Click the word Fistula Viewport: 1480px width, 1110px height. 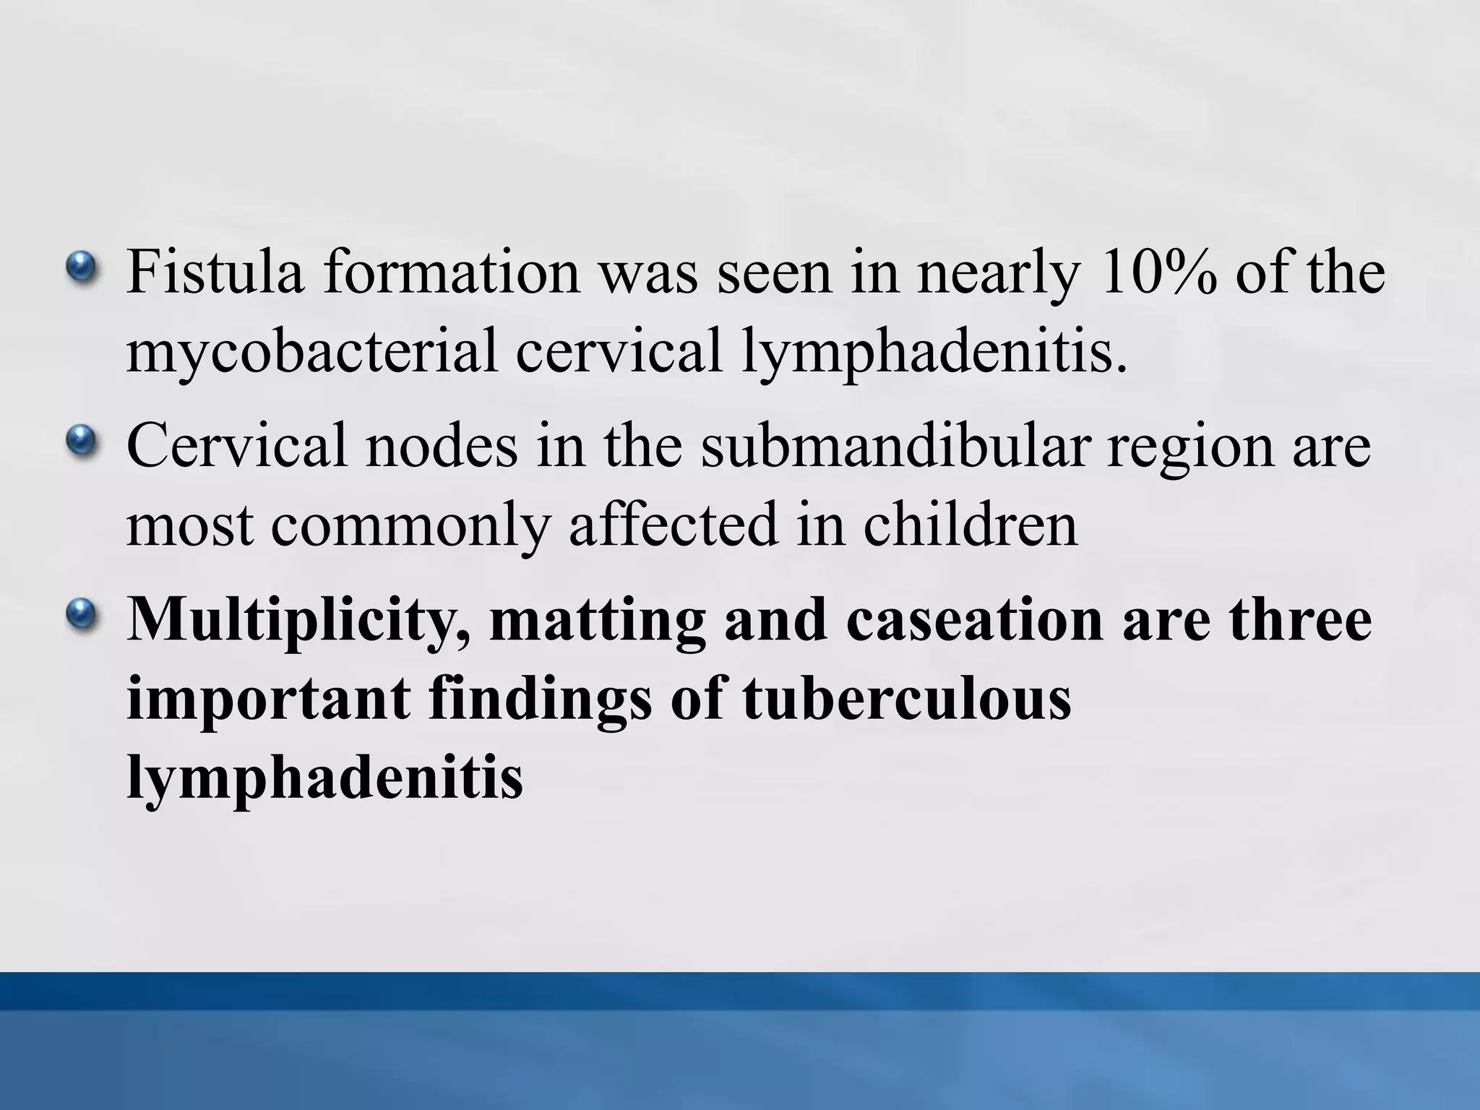coord(215,272)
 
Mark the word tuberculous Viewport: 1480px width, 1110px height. coord(906,699)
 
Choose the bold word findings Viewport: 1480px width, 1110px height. coord(540,700)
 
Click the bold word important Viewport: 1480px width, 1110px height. coord(269,700)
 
